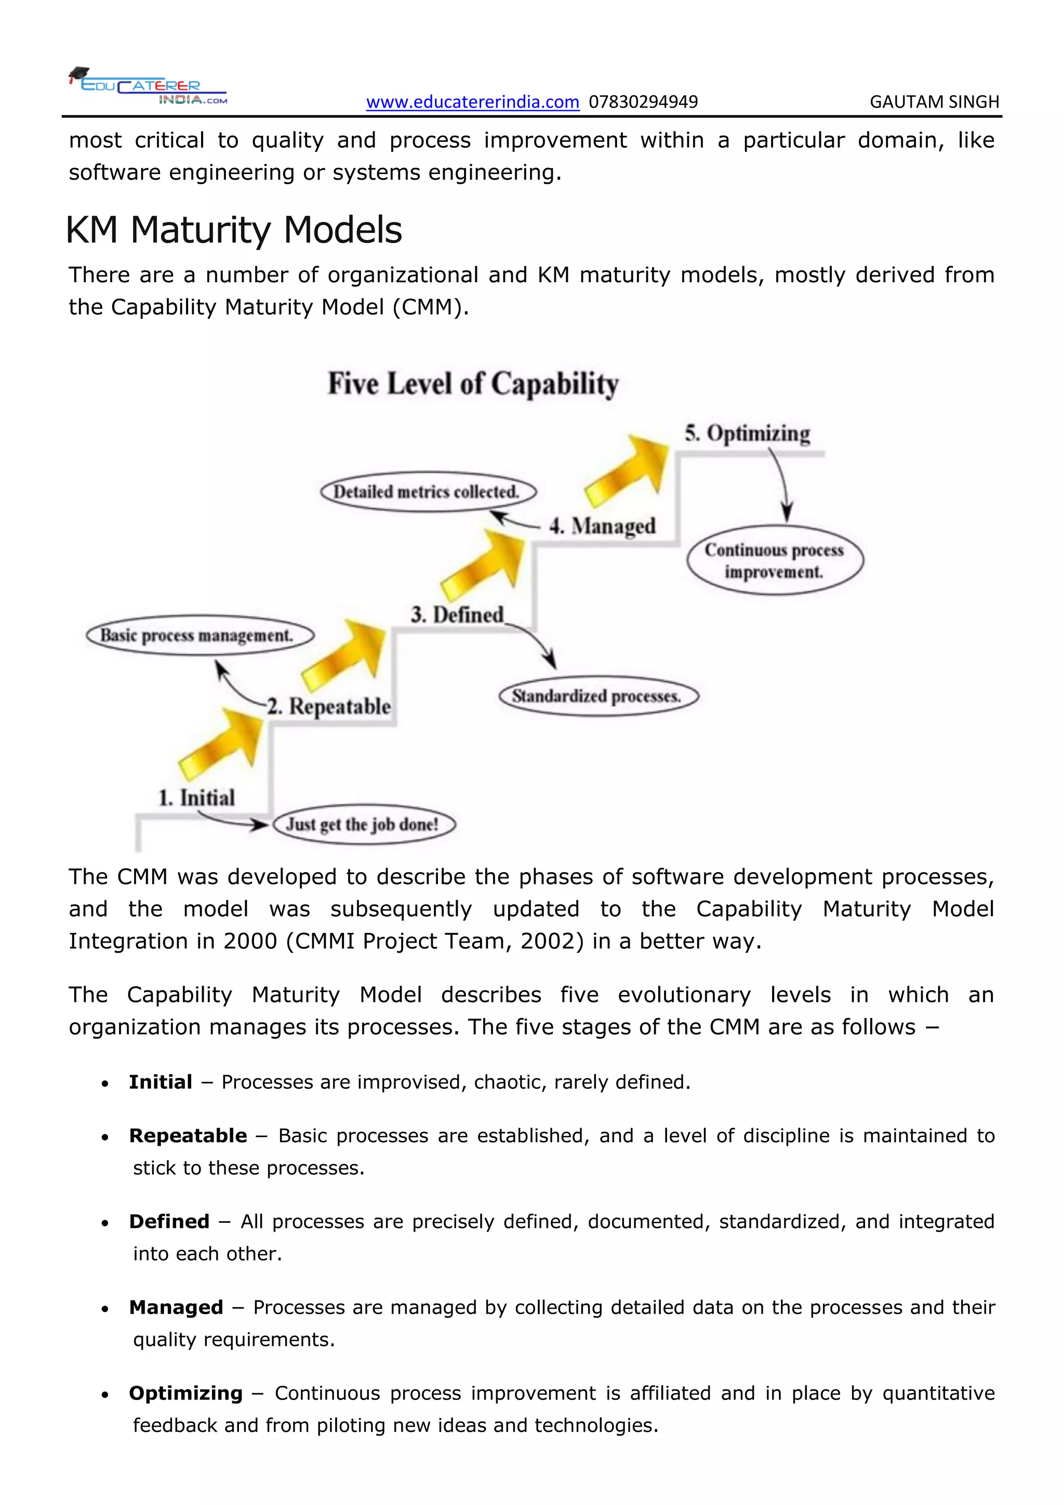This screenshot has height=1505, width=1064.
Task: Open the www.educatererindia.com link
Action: [x=472, y=102]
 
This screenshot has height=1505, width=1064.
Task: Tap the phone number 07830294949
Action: [x=643, y=102]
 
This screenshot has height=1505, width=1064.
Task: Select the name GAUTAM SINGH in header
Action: [x=934, y=102]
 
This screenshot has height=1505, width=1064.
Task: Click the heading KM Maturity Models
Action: [x=234, y=230]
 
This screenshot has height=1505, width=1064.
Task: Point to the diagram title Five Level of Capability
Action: [x=473, y=384]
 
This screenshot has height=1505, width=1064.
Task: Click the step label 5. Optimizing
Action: [x=747, y=434]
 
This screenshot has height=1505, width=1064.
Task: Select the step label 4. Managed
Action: [x=602, y=526]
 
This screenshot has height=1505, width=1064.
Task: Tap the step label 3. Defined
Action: [x=457, y=615]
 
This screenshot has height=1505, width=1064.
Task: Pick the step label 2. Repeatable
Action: [x=329, y=707]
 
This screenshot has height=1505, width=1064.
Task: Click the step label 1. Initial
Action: [x=196, y=798]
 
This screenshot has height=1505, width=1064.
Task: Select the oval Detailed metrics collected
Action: [x=428, y=492]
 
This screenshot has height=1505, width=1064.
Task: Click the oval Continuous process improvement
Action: [x=775, y=560]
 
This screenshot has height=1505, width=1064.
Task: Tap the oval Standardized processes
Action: [x=598, y=696]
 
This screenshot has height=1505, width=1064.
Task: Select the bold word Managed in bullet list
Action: [x=176, y=1308]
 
